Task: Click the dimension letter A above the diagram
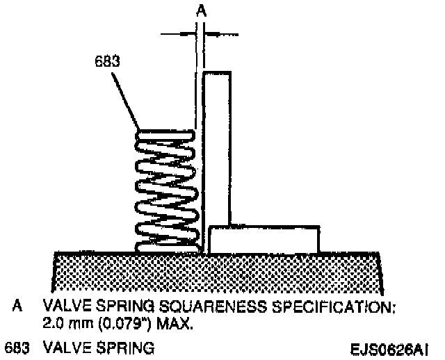(202, 10)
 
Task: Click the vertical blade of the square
(216, 146)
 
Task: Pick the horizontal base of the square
(264, 239)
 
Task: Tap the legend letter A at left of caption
(15, 306)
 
